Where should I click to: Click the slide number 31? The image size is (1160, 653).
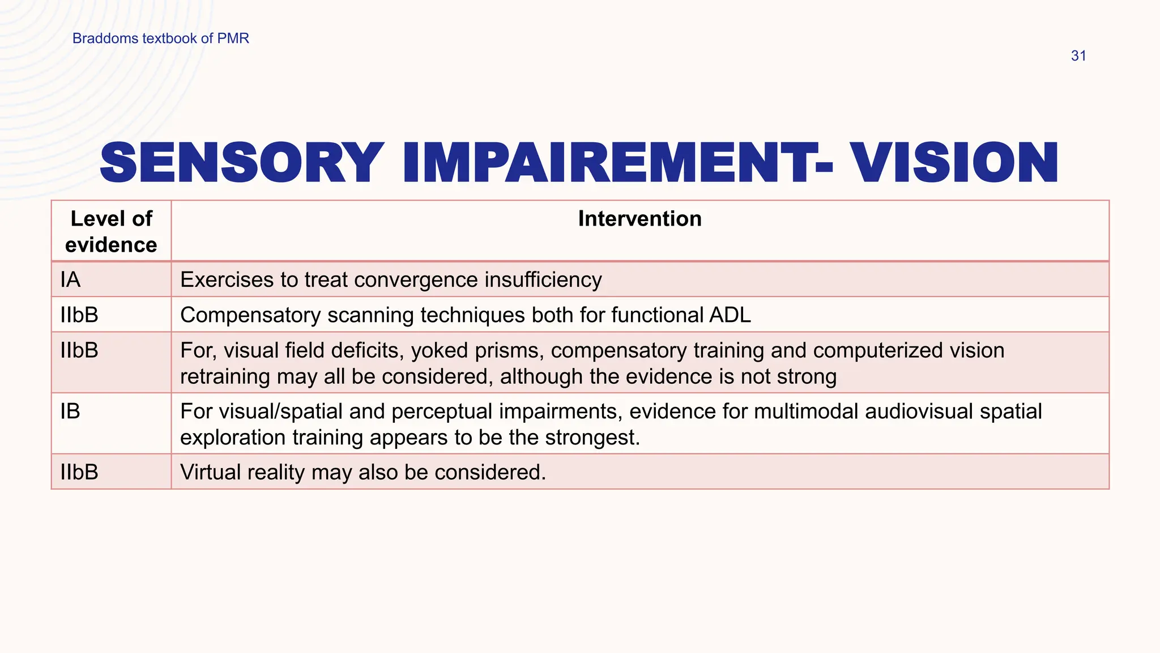[x=1078, y=56]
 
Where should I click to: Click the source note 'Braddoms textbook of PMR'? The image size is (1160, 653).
[x=160, y=39]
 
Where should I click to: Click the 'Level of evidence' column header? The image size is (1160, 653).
[x=111, y=232]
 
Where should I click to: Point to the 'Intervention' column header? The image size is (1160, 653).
[x=639, y=219]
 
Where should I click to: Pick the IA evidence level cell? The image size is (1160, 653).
[x=71, y=280]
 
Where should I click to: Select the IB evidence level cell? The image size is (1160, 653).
[x=70, y=412]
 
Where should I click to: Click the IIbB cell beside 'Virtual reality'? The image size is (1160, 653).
[x=79, y=472]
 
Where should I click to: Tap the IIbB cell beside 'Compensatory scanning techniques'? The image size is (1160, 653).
[x=79, y=315]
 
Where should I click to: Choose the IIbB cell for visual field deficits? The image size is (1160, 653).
[x=79, y=350]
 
